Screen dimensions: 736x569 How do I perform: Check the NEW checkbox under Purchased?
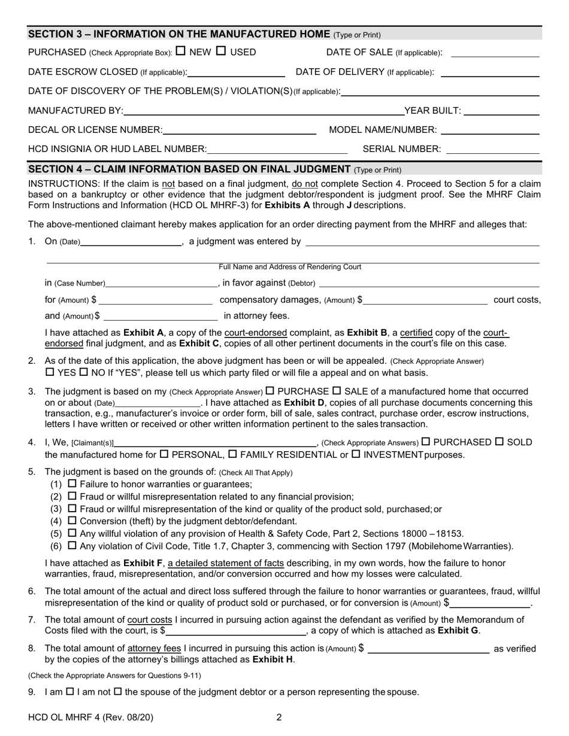(x=181, y=51)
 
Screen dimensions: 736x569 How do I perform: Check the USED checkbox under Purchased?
(x=221, y=51)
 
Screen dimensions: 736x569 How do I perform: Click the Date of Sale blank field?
(x=495, y=54)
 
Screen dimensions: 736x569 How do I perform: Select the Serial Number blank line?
(x=494, y=150)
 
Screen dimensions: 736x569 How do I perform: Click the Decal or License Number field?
(x=239, y=131)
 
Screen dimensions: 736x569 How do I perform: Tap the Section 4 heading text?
(x=189, y=169)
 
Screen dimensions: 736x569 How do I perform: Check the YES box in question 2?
(x=49, y=373)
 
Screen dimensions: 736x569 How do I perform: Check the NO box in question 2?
(x=83, y=373)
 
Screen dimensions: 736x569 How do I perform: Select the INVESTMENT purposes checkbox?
(x=356, y=454)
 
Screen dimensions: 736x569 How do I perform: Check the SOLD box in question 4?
(x=500, y=442)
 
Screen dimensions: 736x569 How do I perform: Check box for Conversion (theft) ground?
(x=72, y=521)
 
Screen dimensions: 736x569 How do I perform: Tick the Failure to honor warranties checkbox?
(x=72, y=483)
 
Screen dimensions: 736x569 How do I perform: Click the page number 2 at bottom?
(x=279, y=717)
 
